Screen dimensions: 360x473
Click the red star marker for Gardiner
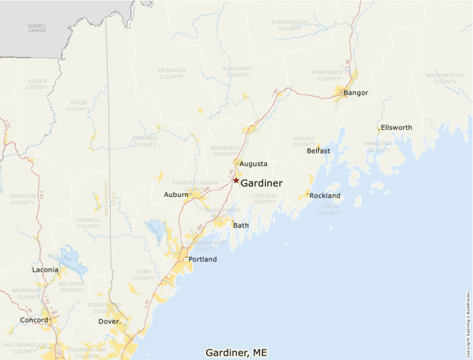[x=236, y=180]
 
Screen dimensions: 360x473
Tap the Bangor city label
[x=356, y=93]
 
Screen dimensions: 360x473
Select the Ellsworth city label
[x=396, y=128]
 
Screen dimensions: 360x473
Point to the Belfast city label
[x=319, y=151]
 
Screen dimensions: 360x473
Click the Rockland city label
[x=325, y=196]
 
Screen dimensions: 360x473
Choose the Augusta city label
[x=253, y=164]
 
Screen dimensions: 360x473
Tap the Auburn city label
[x=176, y=195]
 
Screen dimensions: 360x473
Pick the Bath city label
[x=241, y=225]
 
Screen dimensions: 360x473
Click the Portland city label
[x=203, y=260]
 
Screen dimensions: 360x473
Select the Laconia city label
[x=46, y=269]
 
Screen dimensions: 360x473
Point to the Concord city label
[x=34, y=320]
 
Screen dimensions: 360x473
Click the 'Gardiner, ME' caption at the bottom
[x=236, y=352]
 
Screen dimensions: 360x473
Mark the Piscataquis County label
[x=290, y=24]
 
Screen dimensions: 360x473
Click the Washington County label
[x=445, y=78]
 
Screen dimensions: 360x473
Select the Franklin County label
[x=171, y=73]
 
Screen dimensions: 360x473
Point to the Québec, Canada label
[x=37, y=28]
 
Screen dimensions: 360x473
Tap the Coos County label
[x=78, y=106]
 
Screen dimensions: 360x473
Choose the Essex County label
[x=38, y=84]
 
